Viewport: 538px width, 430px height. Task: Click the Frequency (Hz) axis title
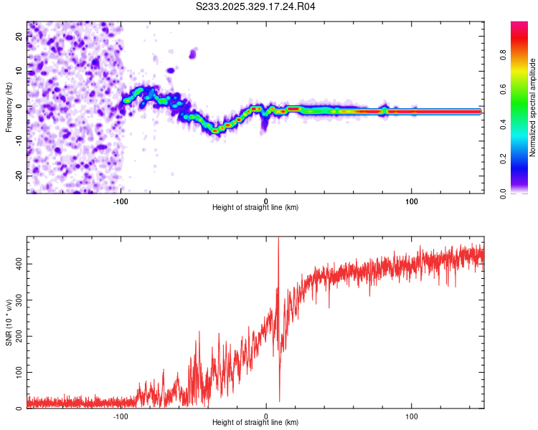pos(9,107)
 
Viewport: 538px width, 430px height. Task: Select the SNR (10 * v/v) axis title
pos(9,322)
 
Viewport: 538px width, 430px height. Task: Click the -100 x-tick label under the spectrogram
pos(120,201)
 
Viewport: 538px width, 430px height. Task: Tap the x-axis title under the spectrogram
pos(255,208)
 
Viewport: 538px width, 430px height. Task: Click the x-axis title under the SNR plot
pos(255,423)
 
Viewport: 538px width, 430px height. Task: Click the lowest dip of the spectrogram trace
pos(216,131)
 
